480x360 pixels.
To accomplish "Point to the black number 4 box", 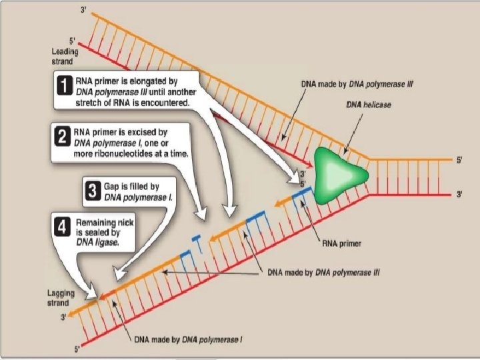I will [x=62, y=229].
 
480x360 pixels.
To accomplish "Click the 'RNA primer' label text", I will [x=341, y=244].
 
